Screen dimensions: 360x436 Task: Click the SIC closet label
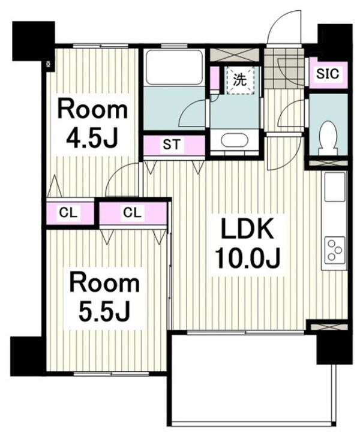(328, 74)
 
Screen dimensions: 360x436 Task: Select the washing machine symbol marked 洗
(239, 80)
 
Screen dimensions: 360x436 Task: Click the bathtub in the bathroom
(174, 67)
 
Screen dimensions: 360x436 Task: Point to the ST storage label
(172, 145)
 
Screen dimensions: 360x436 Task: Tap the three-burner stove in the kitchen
(334, 249)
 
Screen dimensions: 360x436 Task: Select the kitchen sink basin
(335, 186)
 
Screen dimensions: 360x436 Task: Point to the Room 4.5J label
(92, 125)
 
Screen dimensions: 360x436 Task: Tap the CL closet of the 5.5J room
(133, 213)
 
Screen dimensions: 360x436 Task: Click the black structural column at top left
(34, 41)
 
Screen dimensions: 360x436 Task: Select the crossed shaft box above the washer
(235, 54)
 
